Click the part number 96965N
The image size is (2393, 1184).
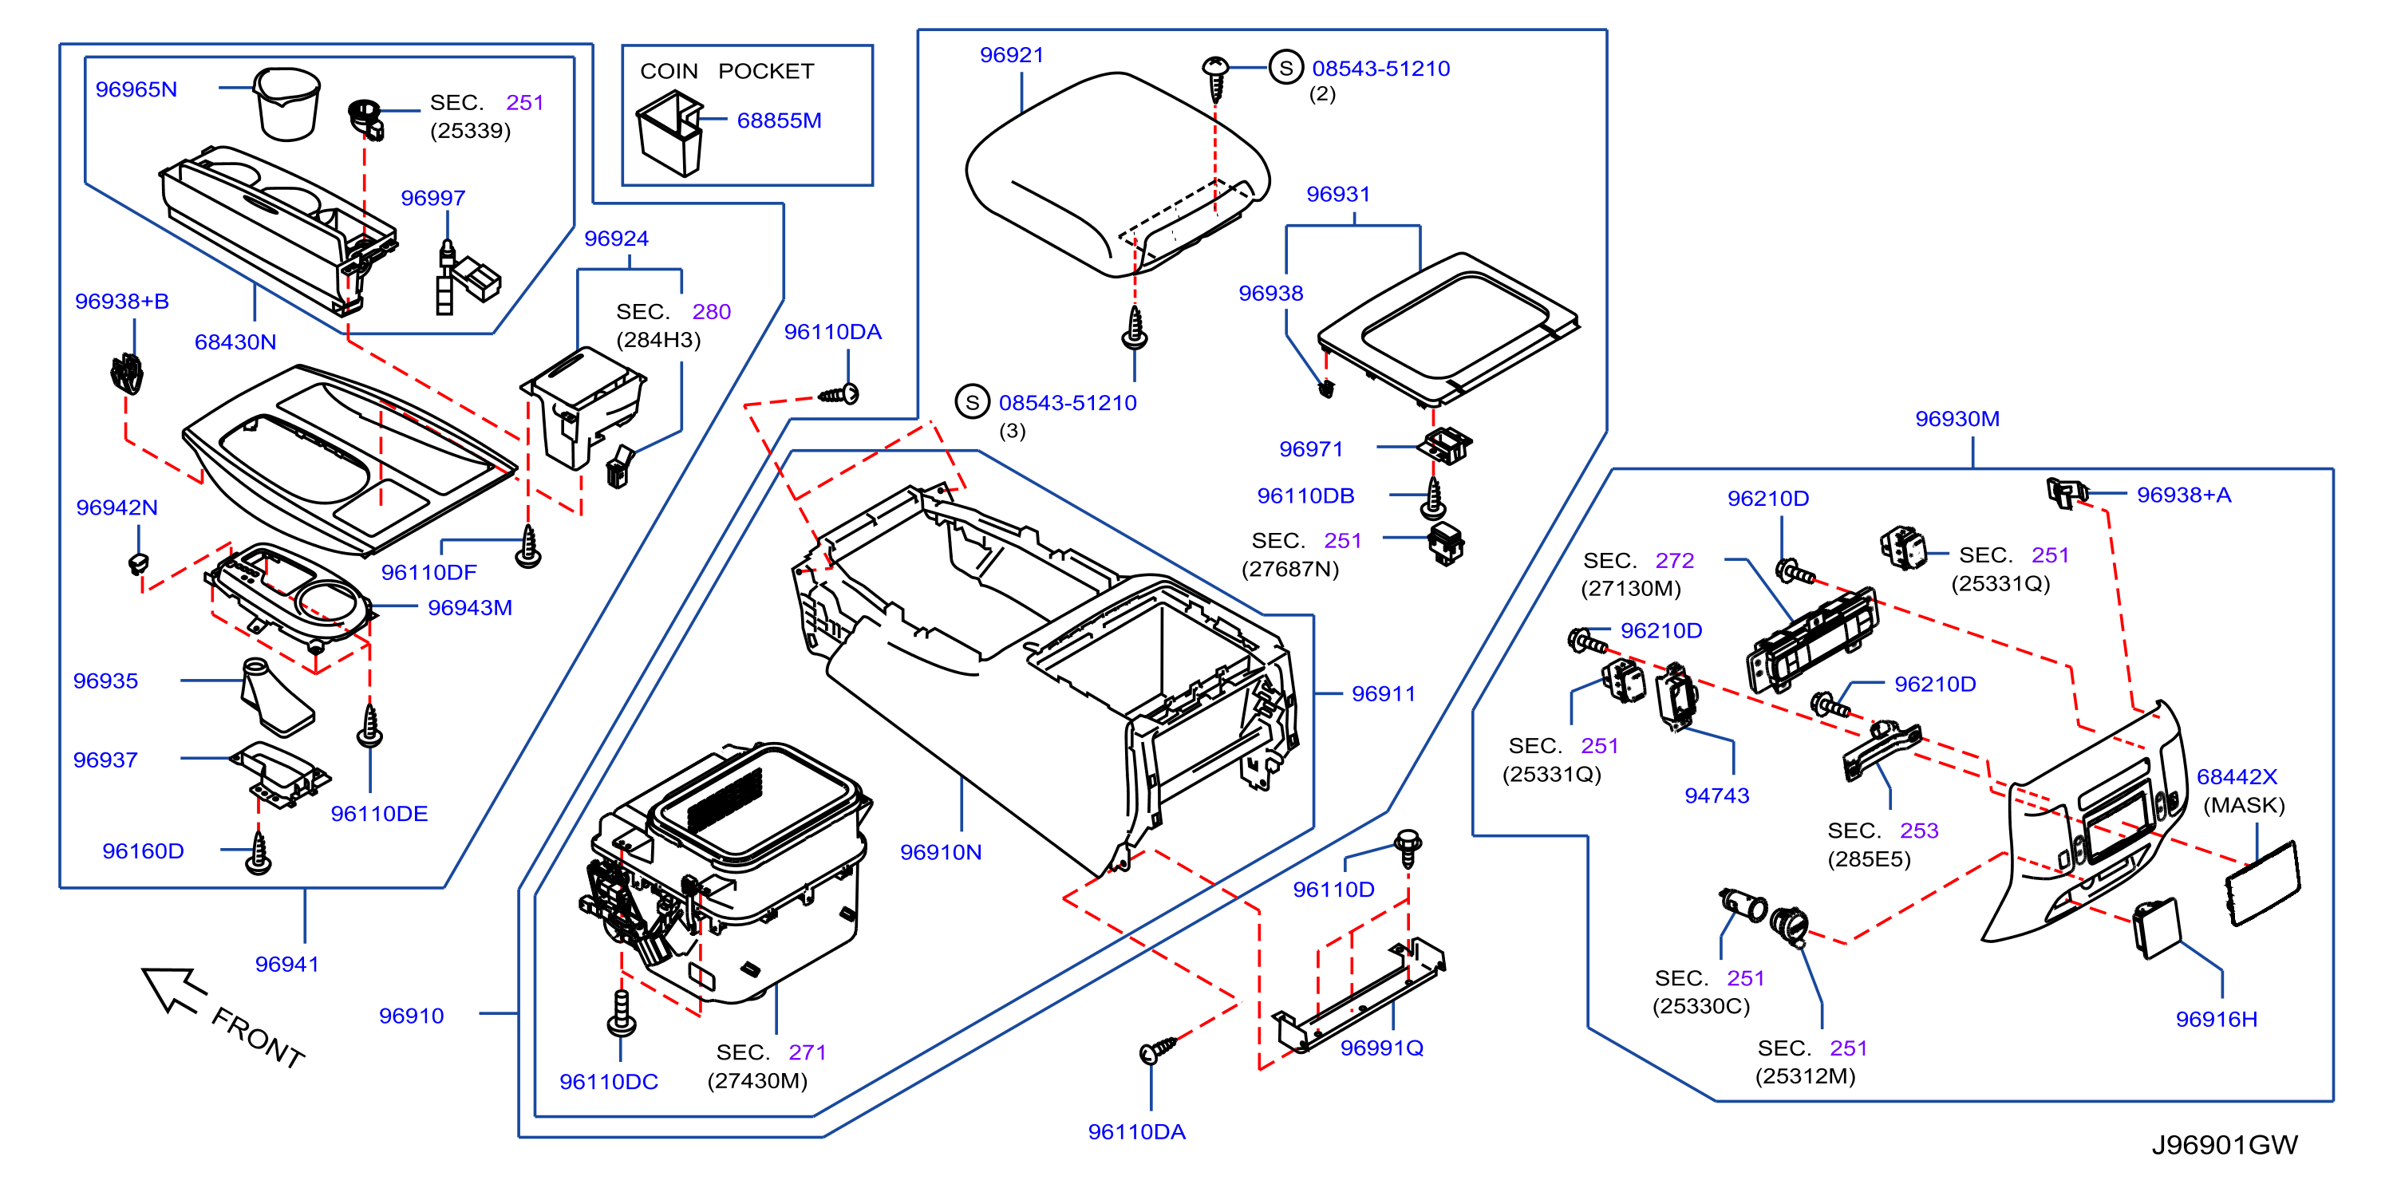[136, 89]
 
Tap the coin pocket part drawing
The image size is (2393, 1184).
[669, 132]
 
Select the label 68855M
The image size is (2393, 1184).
[779, 120]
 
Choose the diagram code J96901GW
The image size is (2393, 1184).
[2224, 1144]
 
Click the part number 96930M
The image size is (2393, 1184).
[1957, 419]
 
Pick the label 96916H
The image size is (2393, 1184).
[2216, 1019]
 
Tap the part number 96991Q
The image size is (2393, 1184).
[1381, 1048]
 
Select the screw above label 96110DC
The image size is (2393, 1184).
[621, 1012]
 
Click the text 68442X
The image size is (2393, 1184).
[2236, 776]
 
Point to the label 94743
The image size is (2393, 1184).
[1716, 795]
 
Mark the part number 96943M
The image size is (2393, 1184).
[469, 607]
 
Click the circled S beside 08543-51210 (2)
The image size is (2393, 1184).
[1285, 67]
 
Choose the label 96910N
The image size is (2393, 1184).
[940, 851]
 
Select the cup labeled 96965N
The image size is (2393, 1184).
[287, 103]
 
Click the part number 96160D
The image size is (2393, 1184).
[143, 851]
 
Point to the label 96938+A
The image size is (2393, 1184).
[2183, 495]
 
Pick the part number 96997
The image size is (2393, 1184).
[433, 198]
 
